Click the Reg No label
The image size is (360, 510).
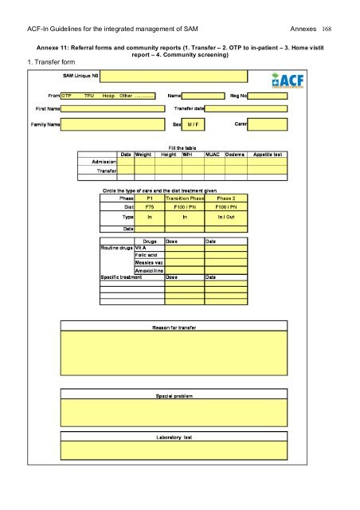(x=239, y=94)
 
